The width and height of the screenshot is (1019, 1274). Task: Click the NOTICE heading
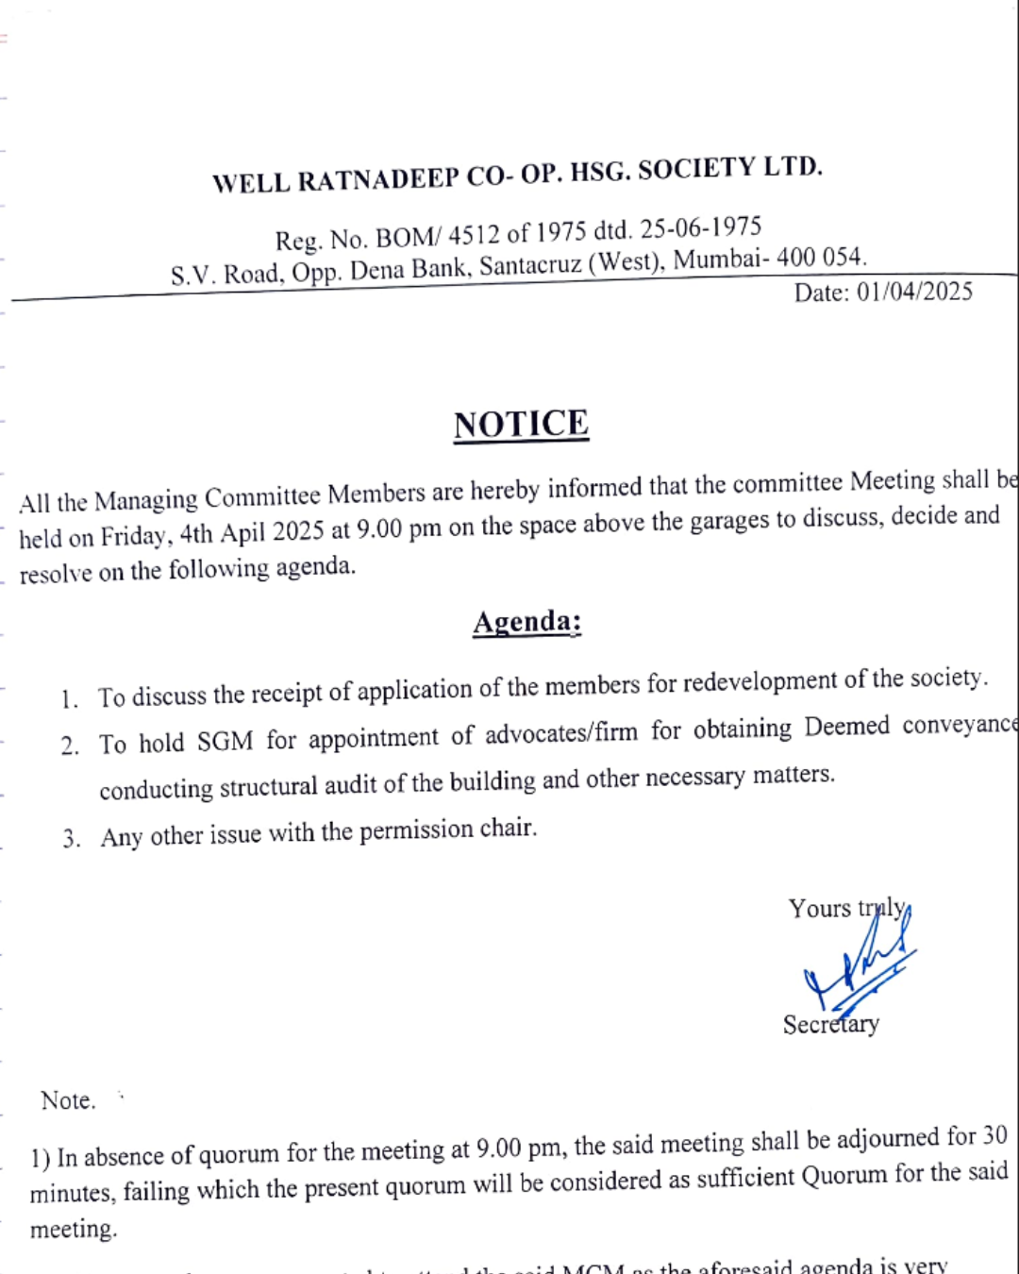521,425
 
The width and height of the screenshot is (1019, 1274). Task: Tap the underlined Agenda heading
526,622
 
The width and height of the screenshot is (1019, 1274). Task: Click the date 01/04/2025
914,292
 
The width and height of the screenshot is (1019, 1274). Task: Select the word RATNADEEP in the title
378,179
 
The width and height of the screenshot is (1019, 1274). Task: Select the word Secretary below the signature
830,1025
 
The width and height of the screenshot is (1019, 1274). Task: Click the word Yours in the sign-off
820,909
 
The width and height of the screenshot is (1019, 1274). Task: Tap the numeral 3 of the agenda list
70,839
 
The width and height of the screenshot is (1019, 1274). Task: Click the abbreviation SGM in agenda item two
225,742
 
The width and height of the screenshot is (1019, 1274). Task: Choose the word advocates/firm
561,733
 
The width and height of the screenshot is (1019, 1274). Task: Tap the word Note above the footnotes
67,1100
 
